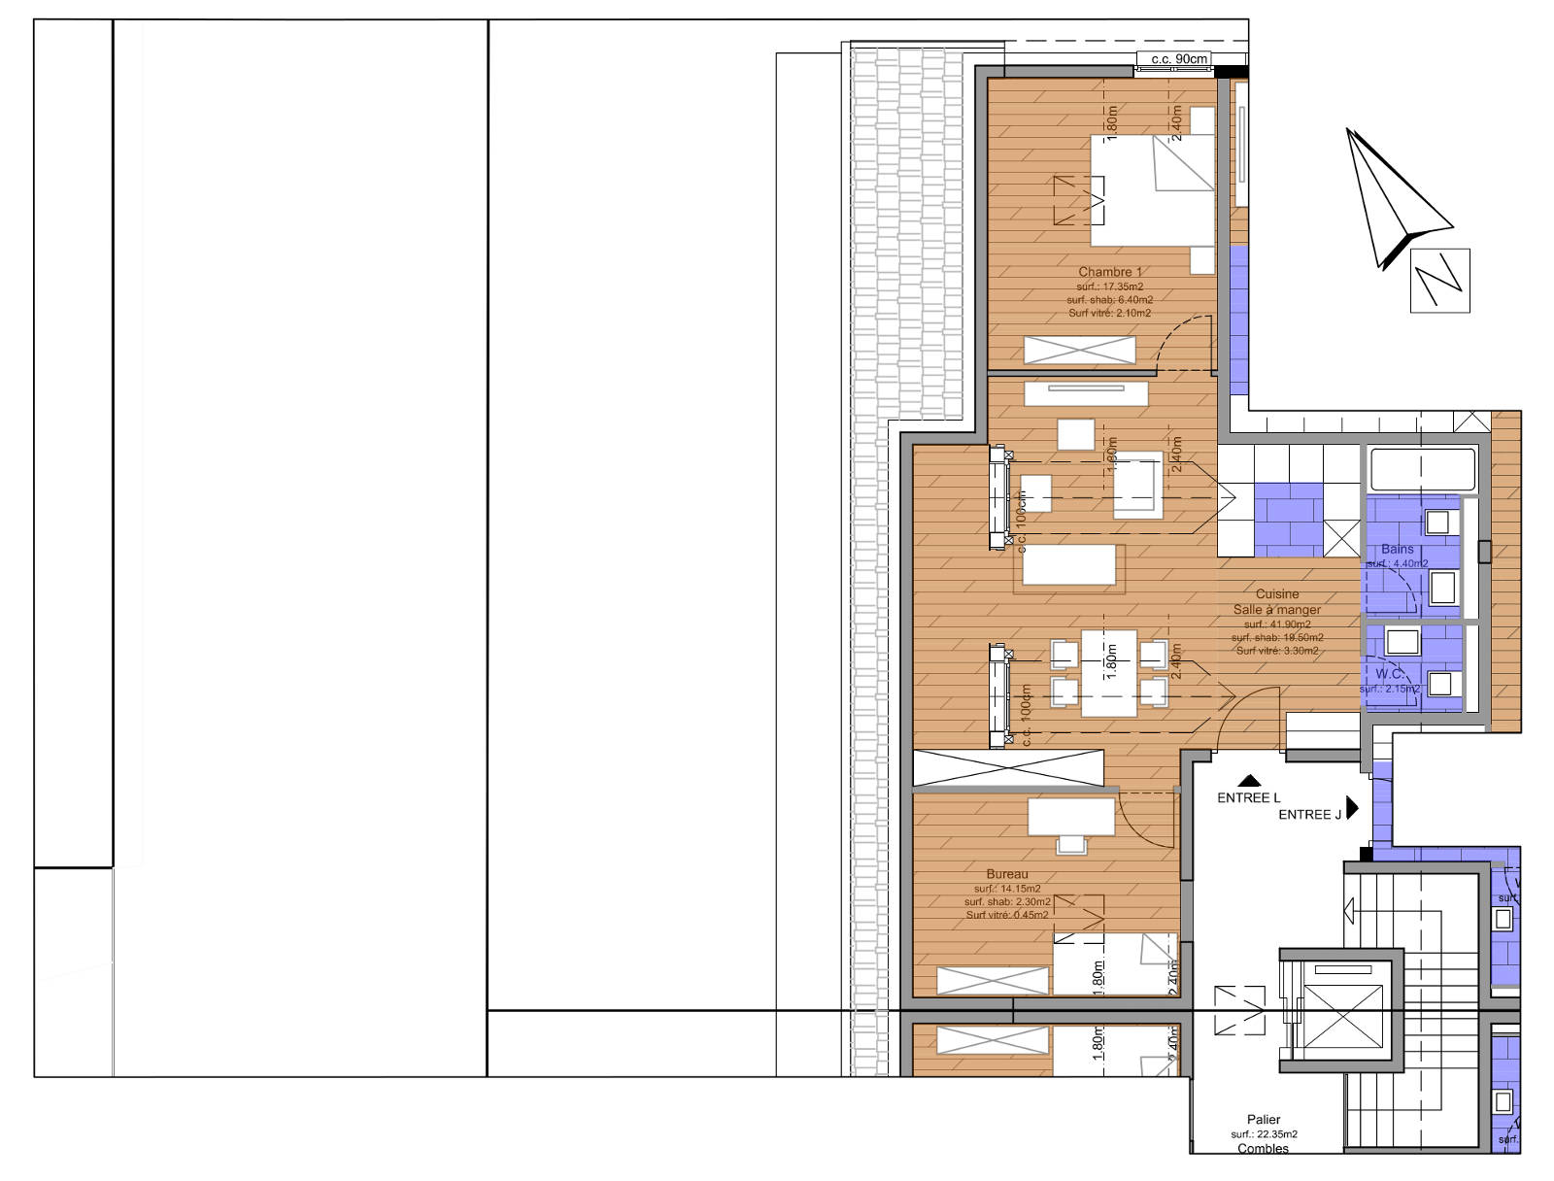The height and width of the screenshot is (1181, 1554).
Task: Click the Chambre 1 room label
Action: tap(1110, 272)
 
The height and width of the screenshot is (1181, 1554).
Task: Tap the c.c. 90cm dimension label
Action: tap(1179, 59)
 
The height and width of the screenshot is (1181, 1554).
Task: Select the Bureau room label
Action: tap(1006, 874)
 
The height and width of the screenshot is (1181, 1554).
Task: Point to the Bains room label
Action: tap(1397, 549)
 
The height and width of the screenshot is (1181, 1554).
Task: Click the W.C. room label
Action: tap(1389, 673)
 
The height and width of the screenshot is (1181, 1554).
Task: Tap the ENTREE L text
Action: tap(1249, 797)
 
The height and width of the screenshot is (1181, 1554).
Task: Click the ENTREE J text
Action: tap(1309, 814)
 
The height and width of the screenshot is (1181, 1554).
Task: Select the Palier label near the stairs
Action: tap(1264, 1120)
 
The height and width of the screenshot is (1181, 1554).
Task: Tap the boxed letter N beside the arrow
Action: tap(1439, 280)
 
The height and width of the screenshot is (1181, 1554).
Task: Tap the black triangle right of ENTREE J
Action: tap(1353, 808)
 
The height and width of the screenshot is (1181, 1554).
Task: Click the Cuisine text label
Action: tap(1276, 593)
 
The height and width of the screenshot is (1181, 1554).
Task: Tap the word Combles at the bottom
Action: tap(1263, 1148)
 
